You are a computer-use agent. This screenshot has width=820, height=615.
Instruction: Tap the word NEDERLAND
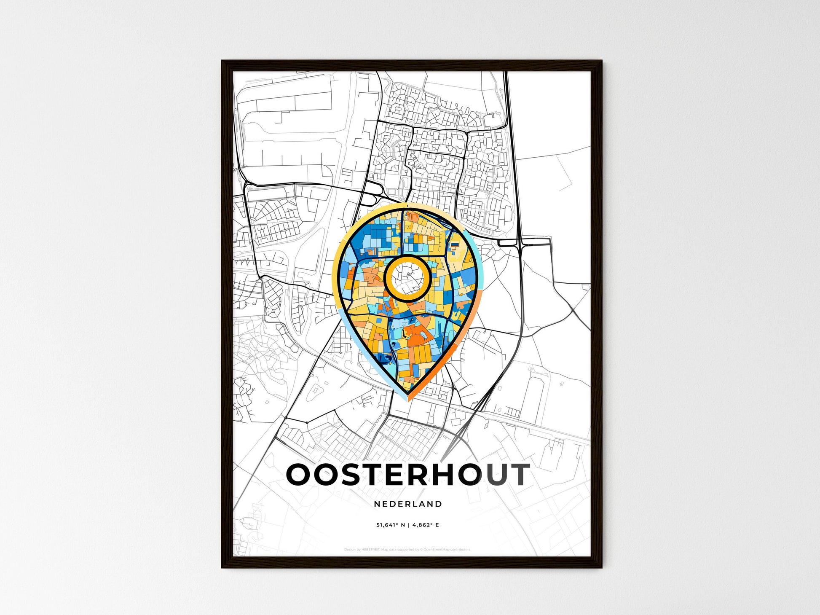[x=408, y=504]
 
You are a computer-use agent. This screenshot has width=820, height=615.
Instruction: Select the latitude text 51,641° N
[x=391, y=525]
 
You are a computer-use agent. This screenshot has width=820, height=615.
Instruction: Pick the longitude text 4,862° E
[x=426, y=525]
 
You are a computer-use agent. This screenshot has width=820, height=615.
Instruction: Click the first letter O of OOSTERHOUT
[x=300, y=474]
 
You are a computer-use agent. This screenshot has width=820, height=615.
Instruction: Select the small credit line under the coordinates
[x=407, y=549]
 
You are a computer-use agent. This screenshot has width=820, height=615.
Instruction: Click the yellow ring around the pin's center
[x=407, y=258]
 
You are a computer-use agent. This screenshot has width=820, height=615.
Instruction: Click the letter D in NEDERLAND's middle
[x=396, y=504]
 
